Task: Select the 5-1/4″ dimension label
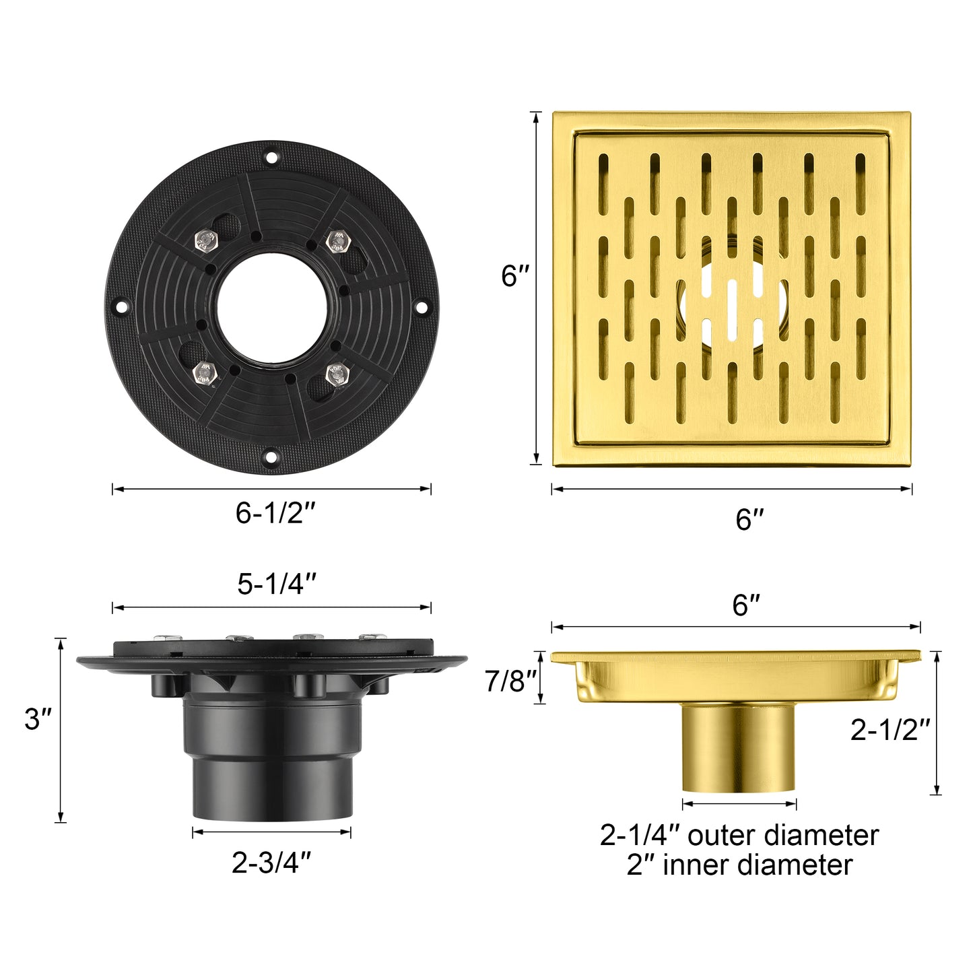(x=277, y=584)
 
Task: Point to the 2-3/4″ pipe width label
(x=271, y=863)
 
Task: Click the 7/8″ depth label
(x=511, y=681)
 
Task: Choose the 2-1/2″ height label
(x=890, y=730)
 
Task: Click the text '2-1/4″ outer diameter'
(x=739, y=836)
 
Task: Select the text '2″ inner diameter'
(x=739, y=865)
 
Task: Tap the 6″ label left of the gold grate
(x=515, y=276)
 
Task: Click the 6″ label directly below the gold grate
(x=749, y=519)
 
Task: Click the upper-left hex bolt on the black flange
(x=207, y=240)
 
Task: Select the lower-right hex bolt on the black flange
(x=337, y=374)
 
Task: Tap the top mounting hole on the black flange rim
(x=271, y=158)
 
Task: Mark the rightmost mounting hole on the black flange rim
(x=422, y=308)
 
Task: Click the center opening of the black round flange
(x=271, y=308)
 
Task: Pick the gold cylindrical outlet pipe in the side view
(x=739, y=747)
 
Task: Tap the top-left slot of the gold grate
(x=603, y=174)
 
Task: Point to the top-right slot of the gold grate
(x=860, y=174)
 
